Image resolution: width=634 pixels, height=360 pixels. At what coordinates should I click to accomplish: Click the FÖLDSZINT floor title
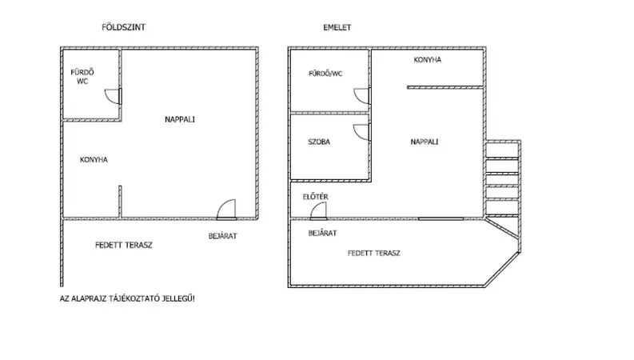pos(123,27)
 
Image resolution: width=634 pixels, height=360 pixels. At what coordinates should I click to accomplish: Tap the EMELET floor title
pos(337,27)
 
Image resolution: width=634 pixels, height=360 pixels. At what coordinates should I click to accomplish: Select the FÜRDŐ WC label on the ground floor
pos(82,77)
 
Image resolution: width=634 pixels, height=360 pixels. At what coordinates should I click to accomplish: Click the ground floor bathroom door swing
pos(114,96)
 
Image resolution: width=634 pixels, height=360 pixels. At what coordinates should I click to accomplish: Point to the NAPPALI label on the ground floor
pos(180,119)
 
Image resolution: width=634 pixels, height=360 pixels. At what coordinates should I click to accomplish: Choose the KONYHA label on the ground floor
pos(94,160)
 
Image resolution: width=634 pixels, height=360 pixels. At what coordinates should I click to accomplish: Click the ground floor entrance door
pos(226,210)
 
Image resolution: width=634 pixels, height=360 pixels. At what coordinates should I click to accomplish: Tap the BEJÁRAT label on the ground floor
pos(223,236)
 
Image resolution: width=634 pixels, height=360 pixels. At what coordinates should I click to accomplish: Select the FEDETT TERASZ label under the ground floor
pos(124,245)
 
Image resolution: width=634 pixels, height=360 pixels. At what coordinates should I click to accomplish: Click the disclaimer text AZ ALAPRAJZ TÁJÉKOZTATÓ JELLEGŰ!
pos(127,299)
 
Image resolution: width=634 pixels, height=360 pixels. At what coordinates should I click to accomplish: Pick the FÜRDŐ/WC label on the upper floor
pos(325,74)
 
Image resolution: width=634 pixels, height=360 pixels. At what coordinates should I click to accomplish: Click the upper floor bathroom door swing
pos(362,96)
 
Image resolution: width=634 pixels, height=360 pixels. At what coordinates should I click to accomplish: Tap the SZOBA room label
pos(319,142)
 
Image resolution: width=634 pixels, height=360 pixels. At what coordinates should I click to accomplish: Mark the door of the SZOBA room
pos(362,132)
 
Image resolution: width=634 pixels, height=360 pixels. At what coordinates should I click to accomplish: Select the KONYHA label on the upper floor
pos(428,60)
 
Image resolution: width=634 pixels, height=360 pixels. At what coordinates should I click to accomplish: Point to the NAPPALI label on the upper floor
pos(425,142)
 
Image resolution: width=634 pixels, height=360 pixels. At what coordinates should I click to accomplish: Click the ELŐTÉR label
pos(316,197)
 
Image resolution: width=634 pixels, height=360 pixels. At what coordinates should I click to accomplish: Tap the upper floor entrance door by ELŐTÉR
pos(319,211)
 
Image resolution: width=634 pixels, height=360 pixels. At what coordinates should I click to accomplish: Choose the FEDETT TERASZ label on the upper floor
pos(374,254)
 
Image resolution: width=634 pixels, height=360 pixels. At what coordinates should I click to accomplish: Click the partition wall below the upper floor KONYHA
pos(445,87)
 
